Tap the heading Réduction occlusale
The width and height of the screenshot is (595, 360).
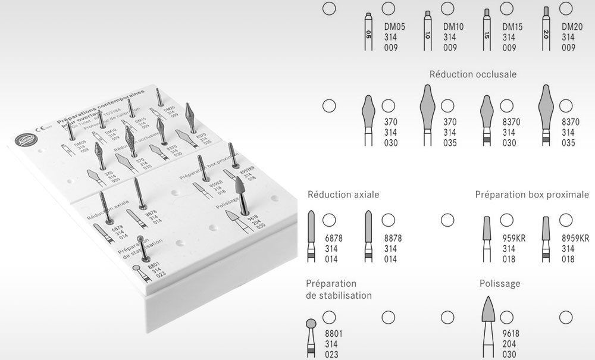pos(472,75)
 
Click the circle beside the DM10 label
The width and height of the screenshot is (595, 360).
pos(447,8)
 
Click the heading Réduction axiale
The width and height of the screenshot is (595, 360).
pos(343,195)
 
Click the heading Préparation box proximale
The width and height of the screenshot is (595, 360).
pos(532,195)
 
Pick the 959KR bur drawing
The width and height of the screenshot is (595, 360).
pos(486,238)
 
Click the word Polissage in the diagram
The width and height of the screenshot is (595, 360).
pos(500,284)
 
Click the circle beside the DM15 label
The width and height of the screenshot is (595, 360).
pos(506,8)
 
